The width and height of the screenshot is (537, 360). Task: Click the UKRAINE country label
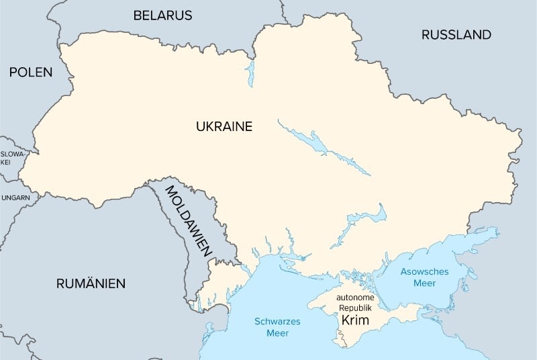point(224,126)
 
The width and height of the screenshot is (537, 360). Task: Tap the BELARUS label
point(162,15)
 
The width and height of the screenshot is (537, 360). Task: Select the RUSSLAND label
point(456,34)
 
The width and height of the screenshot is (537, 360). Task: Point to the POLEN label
point(30,73)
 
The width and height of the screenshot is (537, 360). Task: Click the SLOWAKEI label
point(11,158)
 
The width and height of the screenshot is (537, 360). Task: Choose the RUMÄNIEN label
point(91,283)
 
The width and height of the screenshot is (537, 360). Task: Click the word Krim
point(355,321)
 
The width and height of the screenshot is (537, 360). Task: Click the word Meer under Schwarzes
point(277,333)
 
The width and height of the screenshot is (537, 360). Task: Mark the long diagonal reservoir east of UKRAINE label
point(322,148)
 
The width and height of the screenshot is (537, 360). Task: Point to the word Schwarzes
point(277,321)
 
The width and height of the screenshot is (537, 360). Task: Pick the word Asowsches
point(427,271)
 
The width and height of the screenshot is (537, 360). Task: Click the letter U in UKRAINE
point(200,126)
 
